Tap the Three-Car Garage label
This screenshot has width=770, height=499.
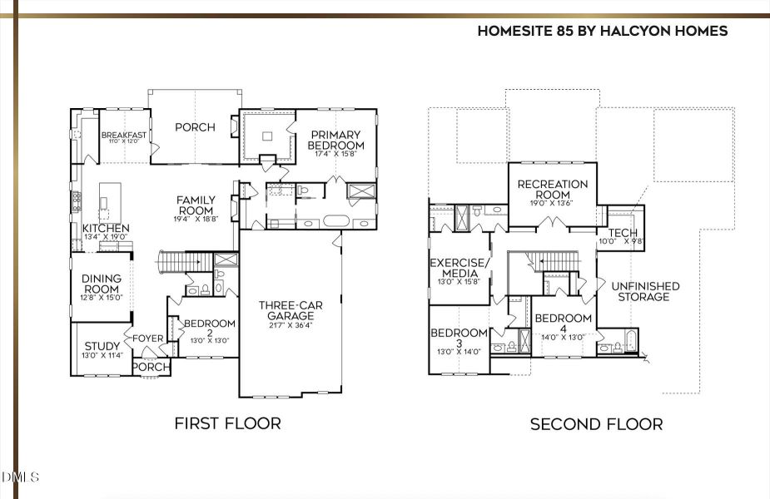[x=290, y=310]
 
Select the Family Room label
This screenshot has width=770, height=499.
[x=196, y=205]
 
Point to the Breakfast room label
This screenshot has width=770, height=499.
[x=124, y=136]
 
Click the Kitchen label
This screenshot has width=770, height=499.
[x=106, y=228]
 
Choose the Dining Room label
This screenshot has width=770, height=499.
[x=102, y=284]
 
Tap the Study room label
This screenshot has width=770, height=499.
[x=102, y=346]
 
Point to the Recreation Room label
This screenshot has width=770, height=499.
[x=552, y=189]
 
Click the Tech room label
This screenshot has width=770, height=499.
[x=623, y=233]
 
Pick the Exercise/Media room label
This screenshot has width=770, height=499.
[x=454, y=268]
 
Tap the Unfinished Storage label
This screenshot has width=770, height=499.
[x=645, y=291]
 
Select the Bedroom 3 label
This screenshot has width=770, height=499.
[x=459, y=338]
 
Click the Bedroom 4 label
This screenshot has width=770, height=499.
[x=563, y=323]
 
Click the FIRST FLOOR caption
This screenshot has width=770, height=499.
[x=227, y=423]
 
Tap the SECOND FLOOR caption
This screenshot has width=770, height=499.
[x=596, y=424]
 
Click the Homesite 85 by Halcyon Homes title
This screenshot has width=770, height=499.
[x=602, y=31]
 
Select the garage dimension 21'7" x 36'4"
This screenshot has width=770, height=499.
[x=290, y=325]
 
